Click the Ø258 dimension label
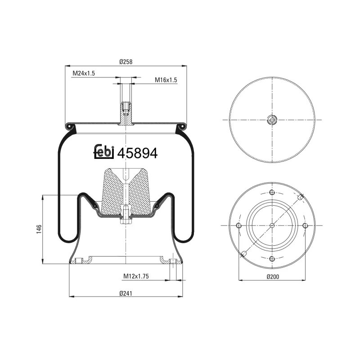126,62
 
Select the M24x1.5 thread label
83,73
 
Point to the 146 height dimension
39,229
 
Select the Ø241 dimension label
126,293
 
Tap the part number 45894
137,153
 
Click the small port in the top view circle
272,119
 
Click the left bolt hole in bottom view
239,225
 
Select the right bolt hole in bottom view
305,225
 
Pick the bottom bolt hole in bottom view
272,258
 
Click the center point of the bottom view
272,225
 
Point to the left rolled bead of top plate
70,126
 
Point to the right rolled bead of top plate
182,126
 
